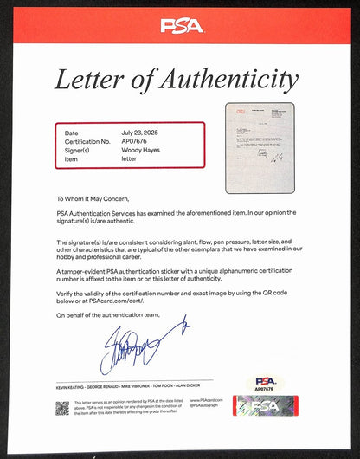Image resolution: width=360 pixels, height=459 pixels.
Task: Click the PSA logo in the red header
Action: (x=181, y=25)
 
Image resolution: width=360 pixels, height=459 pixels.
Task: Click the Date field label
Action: (x=72, y=132)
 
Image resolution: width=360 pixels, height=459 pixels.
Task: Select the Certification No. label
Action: (x=87, y=139)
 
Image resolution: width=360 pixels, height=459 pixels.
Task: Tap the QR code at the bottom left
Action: (x=62, y=408)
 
